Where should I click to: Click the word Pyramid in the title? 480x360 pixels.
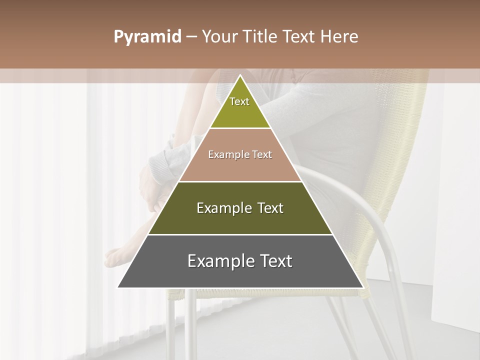pyautogui.click(x=147, y=37)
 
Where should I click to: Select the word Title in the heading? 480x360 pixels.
pyautogui.click(x=260, y=37)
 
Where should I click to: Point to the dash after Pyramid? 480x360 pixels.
pyautogui.click(x=191, y=37)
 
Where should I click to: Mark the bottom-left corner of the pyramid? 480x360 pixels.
pyautogui.click(x=118, y=287)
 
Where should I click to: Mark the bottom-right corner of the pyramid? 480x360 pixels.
pyautogui.click(x=363, y=287)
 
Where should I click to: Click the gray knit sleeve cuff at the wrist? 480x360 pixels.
pyautogui.click(x=165, y=162)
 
